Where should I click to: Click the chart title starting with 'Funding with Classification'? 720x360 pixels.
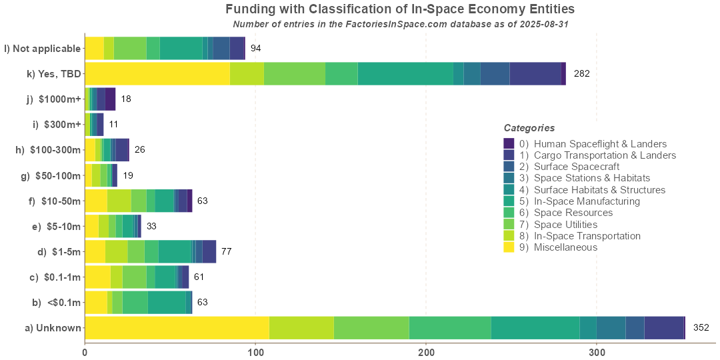400,9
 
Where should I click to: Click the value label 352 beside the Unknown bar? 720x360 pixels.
701,327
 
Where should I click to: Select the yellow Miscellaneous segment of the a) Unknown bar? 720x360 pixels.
177,328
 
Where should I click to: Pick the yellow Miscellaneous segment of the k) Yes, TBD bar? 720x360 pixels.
157,73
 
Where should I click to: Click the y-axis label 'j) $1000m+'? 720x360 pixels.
53,99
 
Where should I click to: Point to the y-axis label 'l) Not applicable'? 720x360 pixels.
43,49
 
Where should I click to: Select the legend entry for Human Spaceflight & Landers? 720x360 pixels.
600,144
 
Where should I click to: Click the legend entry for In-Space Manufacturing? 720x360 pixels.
587,201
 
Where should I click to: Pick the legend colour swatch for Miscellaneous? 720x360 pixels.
509,247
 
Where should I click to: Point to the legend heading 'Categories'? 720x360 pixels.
529,128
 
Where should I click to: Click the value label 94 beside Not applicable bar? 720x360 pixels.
255,49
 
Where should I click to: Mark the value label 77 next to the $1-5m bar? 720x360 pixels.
227,251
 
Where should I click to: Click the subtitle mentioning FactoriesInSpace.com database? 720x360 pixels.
400,24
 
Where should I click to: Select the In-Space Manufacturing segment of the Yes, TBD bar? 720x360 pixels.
405,73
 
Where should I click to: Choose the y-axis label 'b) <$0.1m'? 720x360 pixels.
57,302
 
